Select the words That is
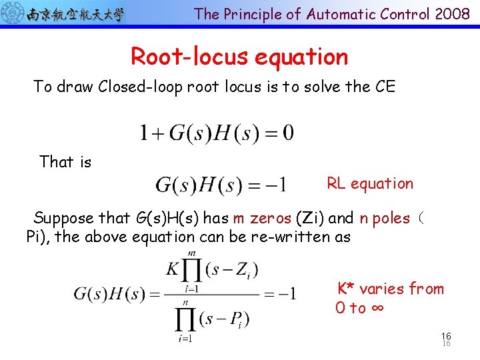(x=65, y=162)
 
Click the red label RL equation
(x=370, y=183)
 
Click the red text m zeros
(x=263, y=218)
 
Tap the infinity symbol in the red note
(x=377, y=308)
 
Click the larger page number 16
(x=446, y=337)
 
